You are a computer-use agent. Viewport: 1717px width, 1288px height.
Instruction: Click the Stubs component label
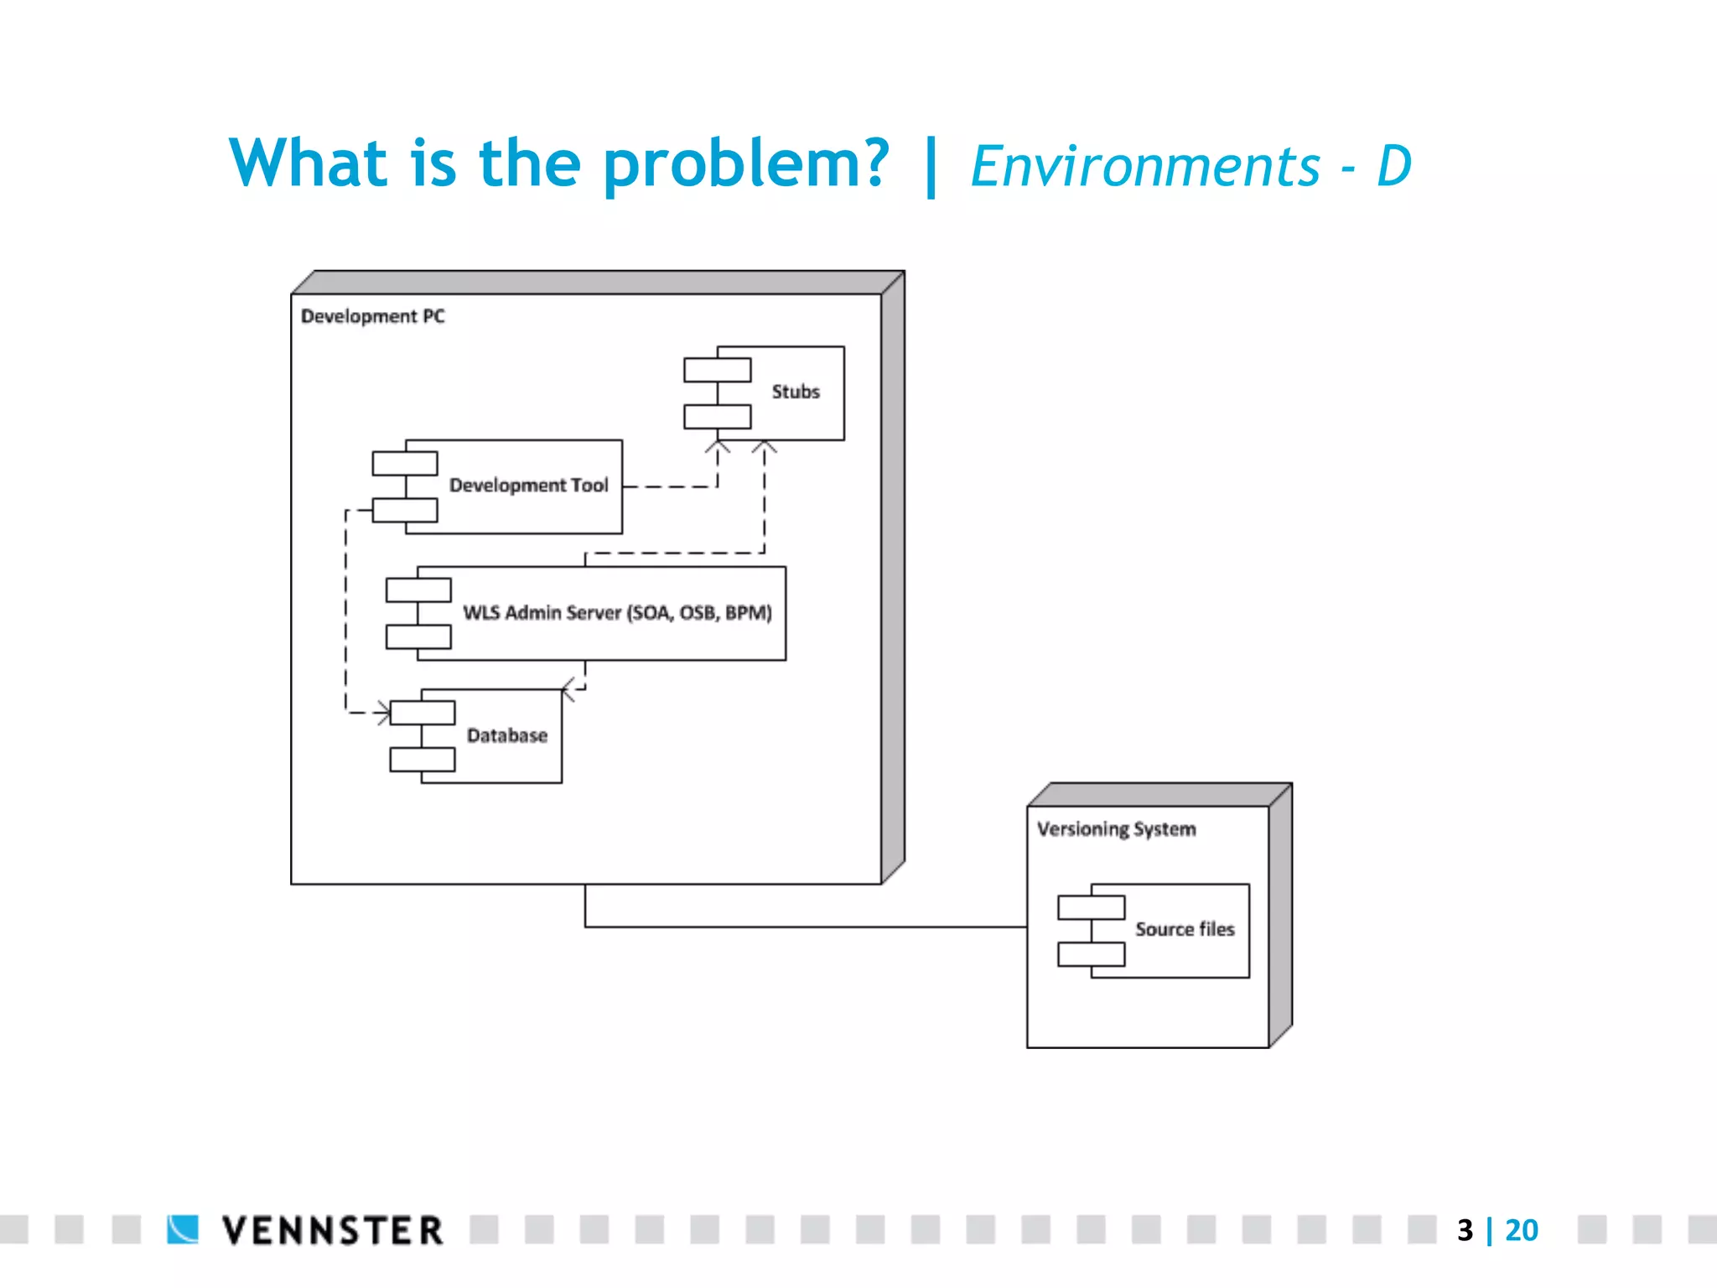click(x=795, y=392)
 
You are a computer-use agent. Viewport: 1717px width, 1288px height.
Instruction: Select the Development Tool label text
click(x=528, y=486)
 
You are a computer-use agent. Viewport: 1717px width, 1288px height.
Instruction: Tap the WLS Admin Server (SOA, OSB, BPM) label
click(x=617, y=613)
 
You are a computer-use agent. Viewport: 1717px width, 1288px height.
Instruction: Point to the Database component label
click(x=506, y=735)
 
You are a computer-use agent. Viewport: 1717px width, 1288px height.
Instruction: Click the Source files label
click(x=1185, y=929)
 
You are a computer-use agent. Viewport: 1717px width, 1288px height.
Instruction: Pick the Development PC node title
click(x=373, y=316)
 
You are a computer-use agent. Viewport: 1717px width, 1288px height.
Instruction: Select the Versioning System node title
click(x=1116, y=829)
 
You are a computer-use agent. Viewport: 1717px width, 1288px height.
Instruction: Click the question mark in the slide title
click(x=870, y=162)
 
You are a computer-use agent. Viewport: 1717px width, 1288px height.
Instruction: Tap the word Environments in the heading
click(x=1145, y=166)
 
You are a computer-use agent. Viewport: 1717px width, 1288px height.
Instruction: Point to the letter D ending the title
click(x=1393, y=166)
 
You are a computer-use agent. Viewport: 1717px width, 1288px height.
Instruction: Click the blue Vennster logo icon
click(x=183, y=1229)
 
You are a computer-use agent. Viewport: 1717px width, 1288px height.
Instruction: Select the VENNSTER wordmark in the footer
click(x=332, y=1231)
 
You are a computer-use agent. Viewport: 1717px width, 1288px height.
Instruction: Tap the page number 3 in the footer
click(x=1465, y=1230)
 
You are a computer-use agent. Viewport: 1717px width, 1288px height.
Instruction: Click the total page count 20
click(x=1522, y=1230)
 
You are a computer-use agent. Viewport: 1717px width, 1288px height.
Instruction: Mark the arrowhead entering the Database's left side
click(x=384, y=713)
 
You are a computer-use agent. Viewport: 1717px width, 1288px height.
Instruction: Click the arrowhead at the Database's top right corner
click(x=568, y=689)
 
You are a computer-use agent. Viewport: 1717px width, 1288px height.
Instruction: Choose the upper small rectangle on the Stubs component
click(x=717, y=370)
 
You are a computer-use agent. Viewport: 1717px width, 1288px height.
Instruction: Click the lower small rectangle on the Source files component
click(x=1091, y=954)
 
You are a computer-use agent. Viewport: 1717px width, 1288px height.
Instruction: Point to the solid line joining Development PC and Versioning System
click(x=805, y=927)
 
